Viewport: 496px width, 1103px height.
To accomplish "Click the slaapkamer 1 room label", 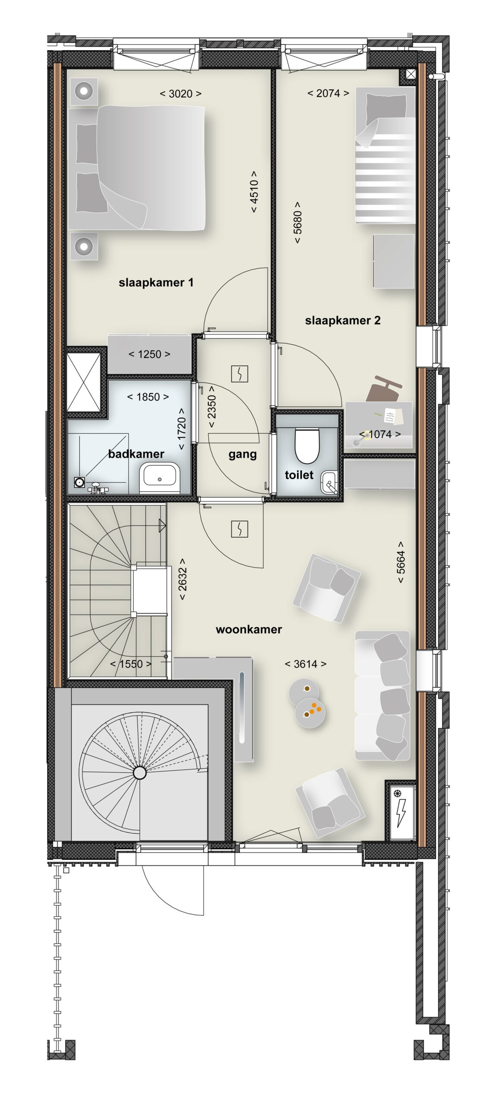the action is click(x=156, y=283).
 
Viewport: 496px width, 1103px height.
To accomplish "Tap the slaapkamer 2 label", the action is click(x=342, y=321).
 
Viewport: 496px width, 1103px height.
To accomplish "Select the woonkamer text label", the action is click(x=249, y=629).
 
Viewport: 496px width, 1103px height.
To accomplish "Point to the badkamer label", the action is click(x=136, y=454).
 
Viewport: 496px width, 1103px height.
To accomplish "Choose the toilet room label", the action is click(x=299, y=475).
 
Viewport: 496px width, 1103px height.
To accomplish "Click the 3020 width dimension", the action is click(x=181, y=94).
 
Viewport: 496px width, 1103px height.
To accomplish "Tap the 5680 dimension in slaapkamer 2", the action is click(x=298, y=222).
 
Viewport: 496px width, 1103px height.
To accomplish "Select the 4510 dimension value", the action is click(x=254, y=191).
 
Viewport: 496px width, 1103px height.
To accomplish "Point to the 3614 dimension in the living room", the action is click(x=305, y=664).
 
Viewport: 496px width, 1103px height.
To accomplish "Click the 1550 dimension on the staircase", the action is click(x=131, y=664).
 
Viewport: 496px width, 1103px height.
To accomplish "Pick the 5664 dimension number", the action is click(x=401, y=562).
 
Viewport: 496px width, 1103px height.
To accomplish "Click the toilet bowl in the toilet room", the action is click(x=307, y=445).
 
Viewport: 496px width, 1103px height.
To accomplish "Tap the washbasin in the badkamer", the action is click(x=159, y=478).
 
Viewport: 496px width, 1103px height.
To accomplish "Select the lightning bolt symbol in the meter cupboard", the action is click(x=401, y=813).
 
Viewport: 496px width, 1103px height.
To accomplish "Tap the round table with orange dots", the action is click(x=310, y=713).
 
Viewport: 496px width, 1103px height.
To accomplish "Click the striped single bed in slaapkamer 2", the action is click(x=385, y=155).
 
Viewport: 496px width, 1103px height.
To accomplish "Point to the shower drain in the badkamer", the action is click(x=79, y=482).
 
